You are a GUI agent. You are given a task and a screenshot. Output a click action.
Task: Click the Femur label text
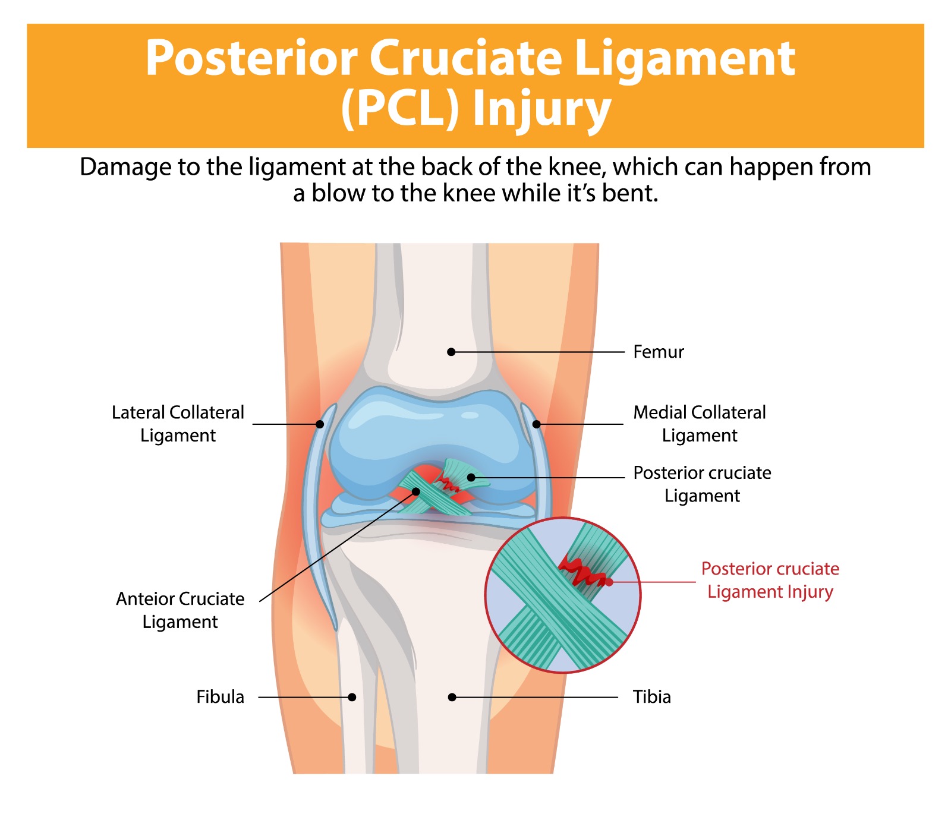[658, 352]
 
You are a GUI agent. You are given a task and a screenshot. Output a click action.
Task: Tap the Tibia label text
[651, 696]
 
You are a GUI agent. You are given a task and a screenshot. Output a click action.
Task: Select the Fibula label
[220, 696]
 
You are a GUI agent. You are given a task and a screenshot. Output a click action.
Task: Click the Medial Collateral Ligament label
[699, 424]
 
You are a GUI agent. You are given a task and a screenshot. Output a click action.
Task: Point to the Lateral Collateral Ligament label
[178, 424]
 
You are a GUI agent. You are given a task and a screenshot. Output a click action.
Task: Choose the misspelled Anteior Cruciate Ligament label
[180, 610]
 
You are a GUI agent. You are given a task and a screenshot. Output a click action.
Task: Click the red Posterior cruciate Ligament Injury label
[770, 580]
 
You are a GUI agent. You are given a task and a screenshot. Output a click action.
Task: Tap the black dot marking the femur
[451, 352]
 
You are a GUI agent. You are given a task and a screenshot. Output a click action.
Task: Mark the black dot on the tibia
[452, 697]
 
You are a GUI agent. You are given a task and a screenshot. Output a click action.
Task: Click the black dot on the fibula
[352, 697]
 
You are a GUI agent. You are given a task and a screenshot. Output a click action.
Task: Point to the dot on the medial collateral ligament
[536, 424]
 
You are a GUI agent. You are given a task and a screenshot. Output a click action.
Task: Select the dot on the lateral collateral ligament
[320, 424]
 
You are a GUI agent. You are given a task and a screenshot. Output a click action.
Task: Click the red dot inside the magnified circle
[609, 582]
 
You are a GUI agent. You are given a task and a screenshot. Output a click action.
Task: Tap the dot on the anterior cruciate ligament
[416, 491]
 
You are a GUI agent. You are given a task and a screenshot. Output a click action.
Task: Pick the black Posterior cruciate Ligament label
[702, 484]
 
